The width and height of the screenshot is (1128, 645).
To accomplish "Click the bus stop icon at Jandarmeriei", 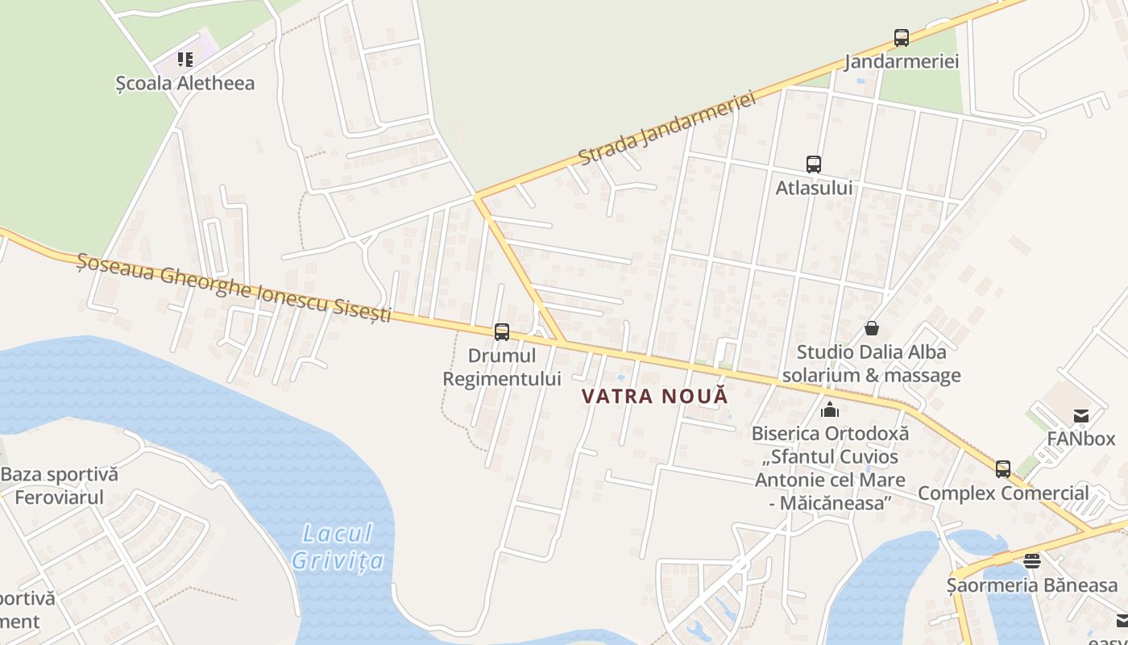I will pyautogui.click(x=901, y=37).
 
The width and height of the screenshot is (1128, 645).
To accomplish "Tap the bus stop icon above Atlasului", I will pyautogui.click(x=814, y=164).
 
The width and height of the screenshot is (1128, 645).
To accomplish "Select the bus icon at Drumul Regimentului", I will pyautogui.click(x=502, y=331).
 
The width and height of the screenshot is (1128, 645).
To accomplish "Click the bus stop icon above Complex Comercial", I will pyautogui.click(x=1002, y=468).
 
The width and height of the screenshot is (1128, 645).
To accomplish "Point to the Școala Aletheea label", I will pyautogui.click(x=185, y=83).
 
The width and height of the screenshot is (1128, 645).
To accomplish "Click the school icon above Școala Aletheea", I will pyautogui.click(x=185, y=59).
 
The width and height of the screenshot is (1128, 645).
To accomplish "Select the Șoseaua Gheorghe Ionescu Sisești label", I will pyautogui.click(x=234, y=287).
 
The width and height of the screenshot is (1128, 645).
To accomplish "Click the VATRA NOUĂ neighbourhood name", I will pyautogui.click(x=654, y=396).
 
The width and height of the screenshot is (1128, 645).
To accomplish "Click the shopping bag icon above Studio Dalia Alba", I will pyautogui.click(x=871, y=328).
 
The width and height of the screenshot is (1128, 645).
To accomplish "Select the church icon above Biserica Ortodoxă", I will pyautogui.click(x=829, y=410).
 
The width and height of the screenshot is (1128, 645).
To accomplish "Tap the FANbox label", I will pyautogui.click(x=1080, y=439).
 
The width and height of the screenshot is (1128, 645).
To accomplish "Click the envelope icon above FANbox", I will pyautogui.click(x=1080, y=416).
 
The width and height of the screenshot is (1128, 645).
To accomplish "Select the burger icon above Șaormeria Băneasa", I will pyautogui.click(x=1031, y=560).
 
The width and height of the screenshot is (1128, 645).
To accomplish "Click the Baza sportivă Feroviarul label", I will pyautogui.click(x=59, y=485).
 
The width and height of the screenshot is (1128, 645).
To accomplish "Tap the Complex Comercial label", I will pyautogui.click(x=1003, y=493).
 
